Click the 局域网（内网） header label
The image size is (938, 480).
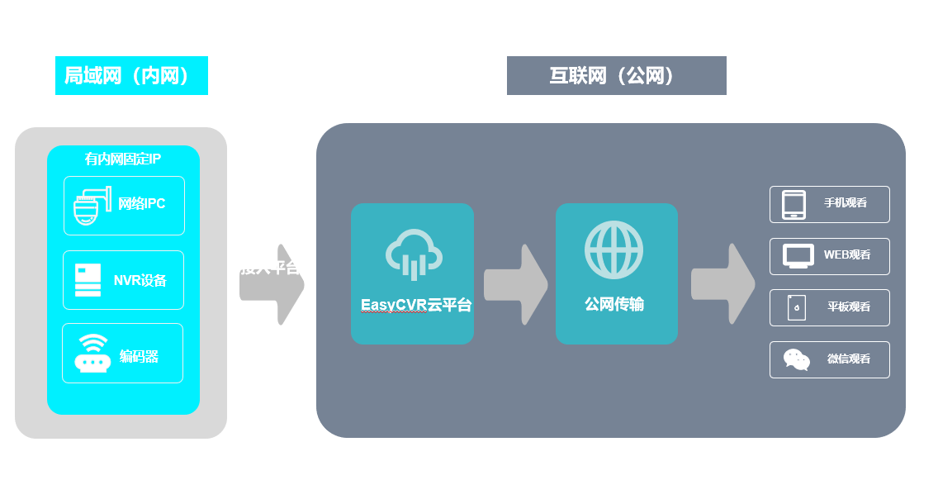click(x=131, y=76)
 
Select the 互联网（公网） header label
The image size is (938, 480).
click(x=616, y=76)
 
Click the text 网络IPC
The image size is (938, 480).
click(x=142, y=204)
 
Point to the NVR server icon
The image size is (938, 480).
click(x=88, y=280)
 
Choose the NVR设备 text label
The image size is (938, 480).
click(x=140, y=280)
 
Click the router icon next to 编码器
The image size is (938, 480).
click(x=92, y=354)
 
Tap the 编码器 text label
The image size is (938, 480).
click(x=139, y=357)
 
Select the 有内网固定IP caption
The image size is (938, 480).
click(x=123, y=159)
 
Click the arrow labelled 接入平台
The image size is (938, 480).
click(x=272, y=284)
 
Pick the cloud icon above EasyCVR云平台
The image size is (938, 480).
click(x=412, y=252)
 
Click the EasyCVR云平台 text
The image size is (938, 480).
click(x=415, y=305)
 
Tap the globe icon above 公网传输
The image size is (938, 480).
click(x=614, y=250)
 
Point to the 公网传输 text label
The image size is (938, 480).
click(x=614, y=305)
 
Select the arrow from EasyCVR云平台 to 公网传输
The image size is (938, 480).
click(x=515, y=284)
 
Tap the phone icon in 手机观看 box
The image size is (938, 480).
click(x=794, y=205)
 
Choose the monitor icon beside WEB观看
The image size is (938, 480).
click(x=798, y=256)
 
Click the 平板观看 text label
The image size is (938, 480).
click(x=849, y=307)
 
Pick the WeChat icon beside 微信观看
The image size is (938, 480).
click(x=797, y=359)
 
